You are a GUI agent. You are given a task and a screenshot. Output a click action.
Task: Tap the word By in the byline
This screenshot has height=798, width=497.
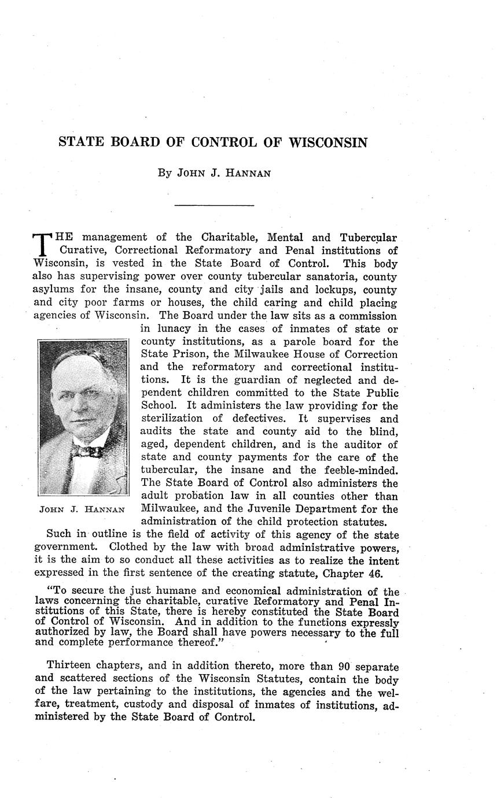click(x=164, y=173)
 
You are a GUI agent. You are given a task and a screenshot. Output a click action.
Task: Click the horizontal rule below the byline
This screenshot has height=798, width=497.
click(x=214, y=205)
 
